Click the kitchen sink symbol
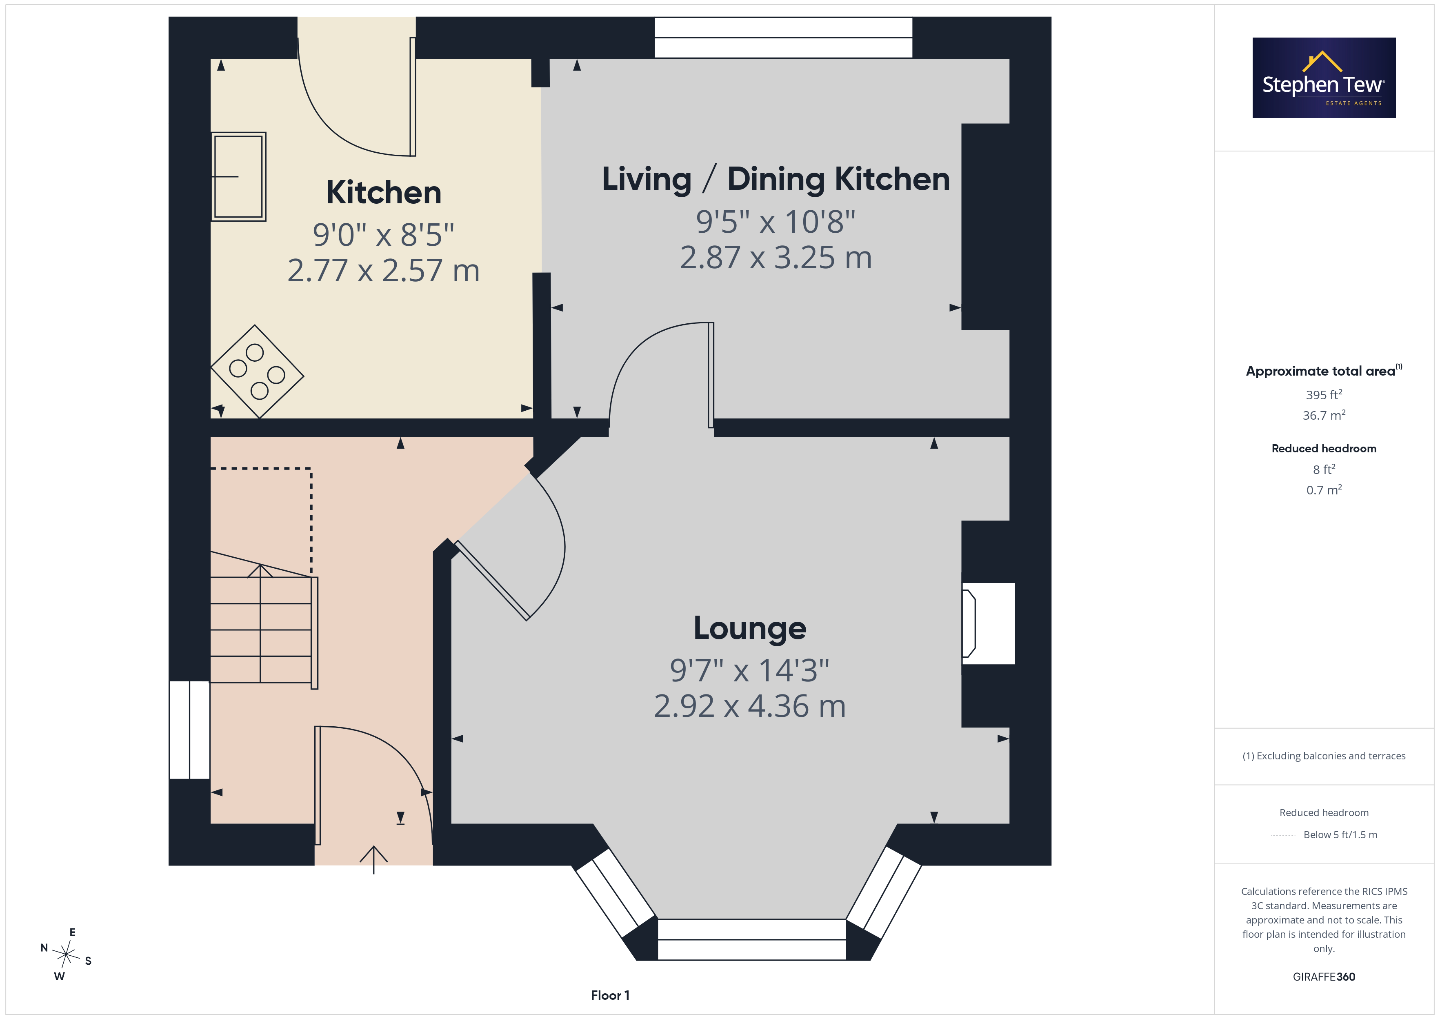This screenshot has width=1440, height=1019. (x=238, y=176)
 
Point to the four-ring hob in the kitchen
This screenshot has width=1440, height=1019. (x=257, y=372)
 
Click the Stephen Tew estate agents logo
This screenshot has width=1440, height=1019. (x=1324, y=78)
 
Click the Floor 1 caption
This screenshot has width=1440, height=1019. (x=610, y=995)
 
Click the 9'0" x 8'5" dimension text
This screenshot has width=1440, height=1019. (x=383, y=235)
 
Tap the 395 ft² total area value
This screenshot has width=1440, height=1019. (x=1324, y=395)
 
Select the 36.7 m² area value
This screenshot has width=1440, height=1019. (x=1324, y=415)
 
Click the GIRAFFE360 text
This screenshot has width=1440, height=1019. (x=1324, y=977)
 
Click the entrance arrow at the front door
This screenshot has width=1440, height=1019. (x=374, y=860)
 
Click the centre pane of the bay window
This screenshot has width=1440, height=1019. (x=751, y=939)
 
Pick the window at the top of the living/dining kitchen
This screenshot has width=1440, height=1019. (x=783, y=38)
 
